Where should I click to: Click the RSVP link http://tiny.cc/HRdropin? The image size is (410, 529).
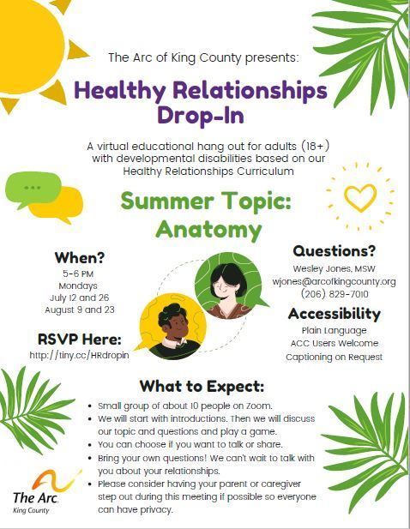coord(79,355)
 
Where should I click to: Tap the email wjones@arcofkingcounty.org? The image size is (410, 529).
coord(334,281)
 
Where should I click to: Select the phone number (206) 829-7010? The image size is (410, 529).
coord(335,294)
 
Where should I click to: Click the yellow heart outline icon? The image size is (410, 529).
coord(360,197)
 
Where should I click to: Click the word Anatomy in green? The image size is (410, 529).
coord(209,230)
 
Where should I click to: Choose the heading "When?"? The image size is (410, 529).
coord(80,258)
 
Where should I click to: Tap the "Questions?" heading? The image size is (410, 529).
coord(334,251)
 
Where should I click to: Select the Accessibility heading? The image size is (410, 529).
coord(334,314)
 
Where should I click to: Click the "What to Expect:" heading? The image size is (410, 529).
coord(202,387)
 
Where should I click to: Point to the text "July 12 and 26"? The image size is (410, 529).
coord(79,298)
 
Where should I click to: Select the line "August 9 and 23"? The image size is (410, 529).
coord(80,310)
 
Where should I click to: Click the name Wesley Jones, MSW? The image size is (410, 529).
coord(334,269)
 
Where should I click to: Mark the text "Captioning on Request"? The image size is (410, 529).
coord(334,357)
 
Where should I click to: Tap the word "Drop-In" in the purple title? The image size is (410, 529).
coord(201,116)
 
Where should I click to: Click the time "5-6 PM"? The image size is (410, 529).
coord(78,274)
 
